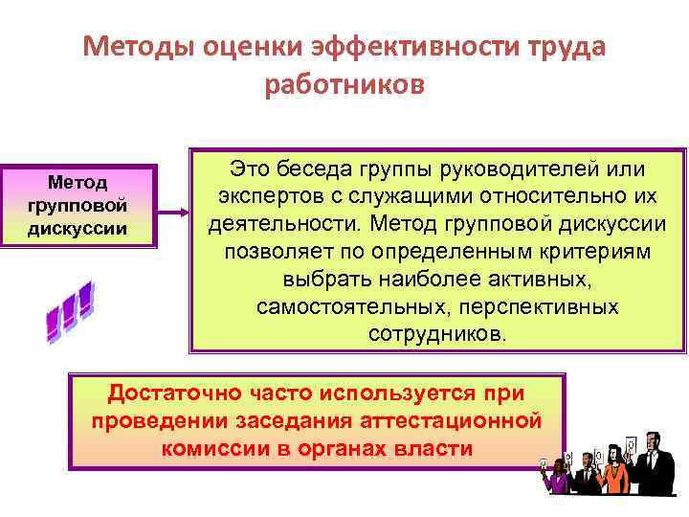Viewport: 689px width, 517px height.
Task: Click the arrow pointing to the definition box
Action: coord(172,212)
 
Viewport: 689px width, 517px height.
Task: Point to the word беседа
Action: coord(318,169)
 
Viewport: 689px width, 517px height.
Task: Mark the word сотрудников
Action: coord(438,336)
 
